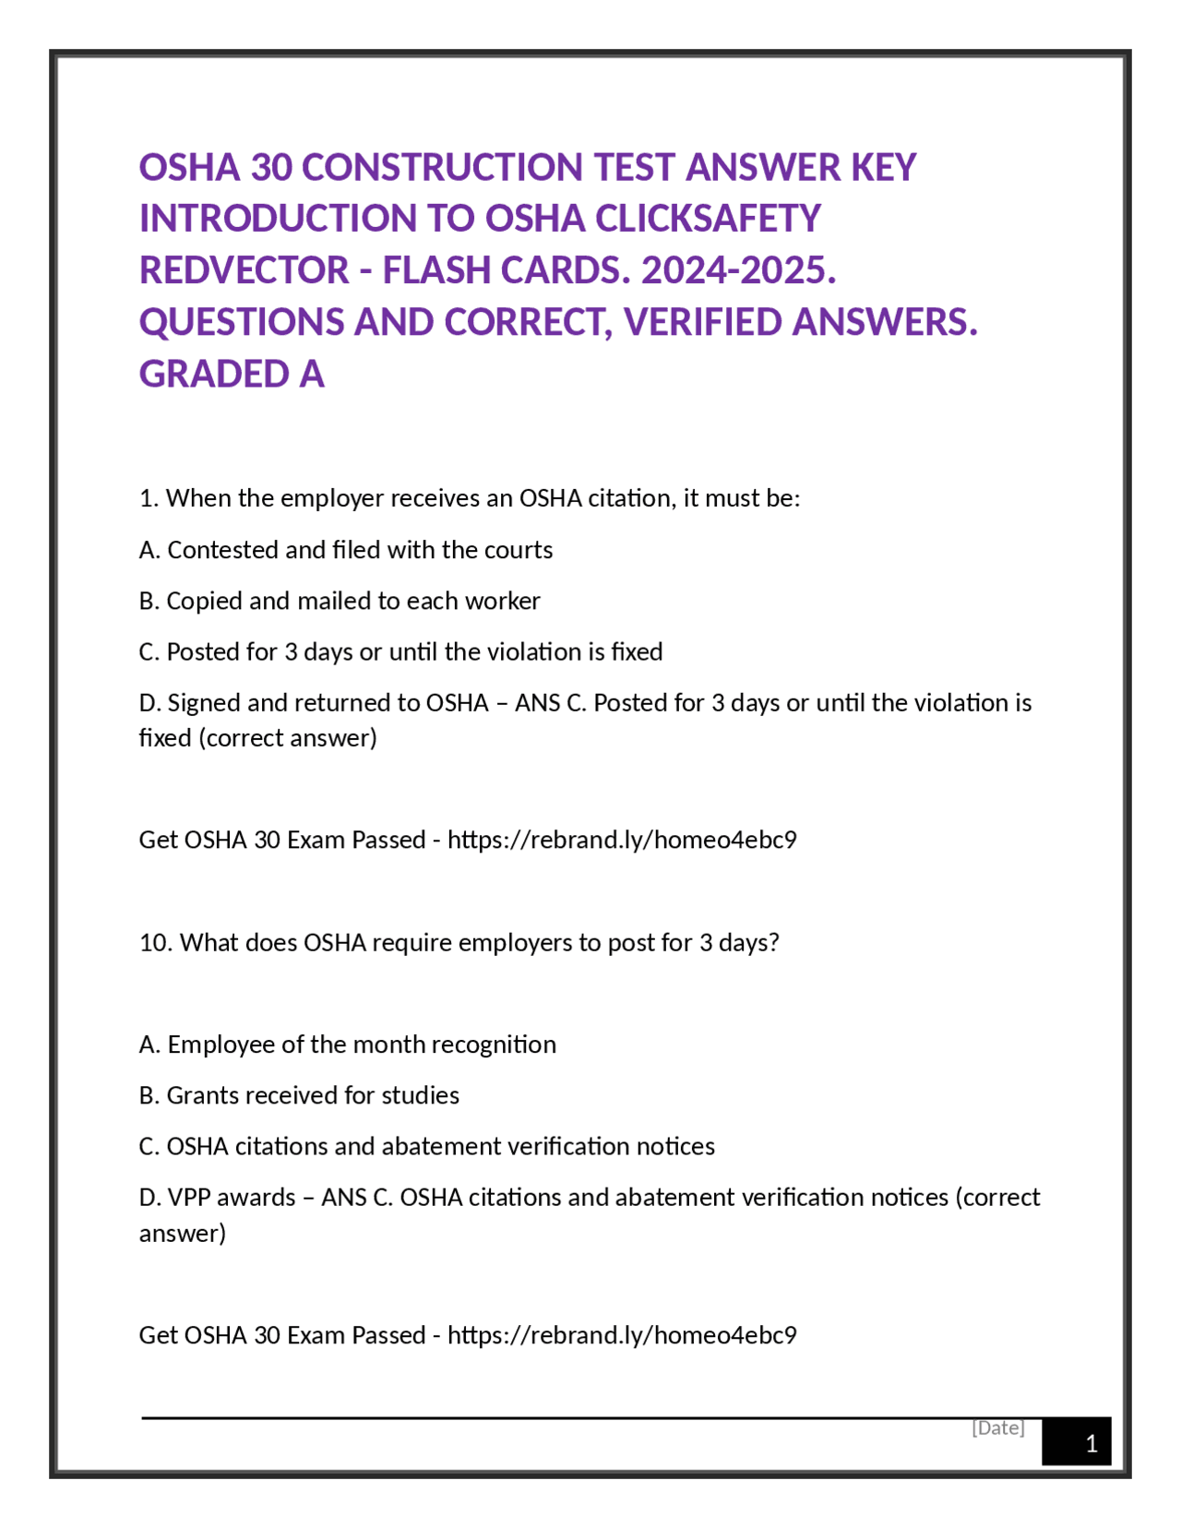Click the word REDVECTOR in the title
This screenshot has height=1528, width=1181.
click(x=244, y=270)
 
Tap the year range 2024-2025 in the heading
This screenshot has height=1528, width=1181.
click(x=738, y=270)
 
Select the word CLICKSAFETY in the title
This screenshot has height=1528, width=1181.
click(x=708, y=219)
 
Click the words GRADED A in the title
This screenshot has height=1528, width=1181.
click(x=232, y=374)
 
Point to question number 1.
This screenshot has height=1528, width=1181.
click(x=149, y=498)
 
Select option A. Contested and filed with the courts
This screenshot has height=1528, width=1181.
click(x=346, y=550)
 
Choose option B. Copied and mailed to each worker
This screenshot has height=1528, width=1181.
click(x=340, y=601)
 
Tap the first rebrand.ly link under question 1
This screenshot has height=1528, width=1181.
click(x=622, y=840)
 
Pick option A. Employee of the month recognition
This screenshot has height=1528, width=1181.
click(x=348, y=1045)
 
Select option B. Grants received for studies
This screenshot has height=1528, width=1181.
click(x=299, y=1095)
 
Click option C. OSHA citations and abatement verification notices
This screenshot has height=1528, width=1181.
click(x=427, y=1146)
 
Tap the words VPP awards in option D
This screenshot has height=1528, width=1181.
click(x=232, y=1197)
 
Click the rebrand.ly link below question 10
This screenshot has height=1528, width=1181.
click(x=622, y=1335)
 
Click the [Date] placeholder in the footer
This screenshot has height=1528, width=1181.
click(x=997, y=1427)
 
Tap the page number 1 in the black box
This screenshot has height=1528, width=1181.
click(x=1091, y=1443)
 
